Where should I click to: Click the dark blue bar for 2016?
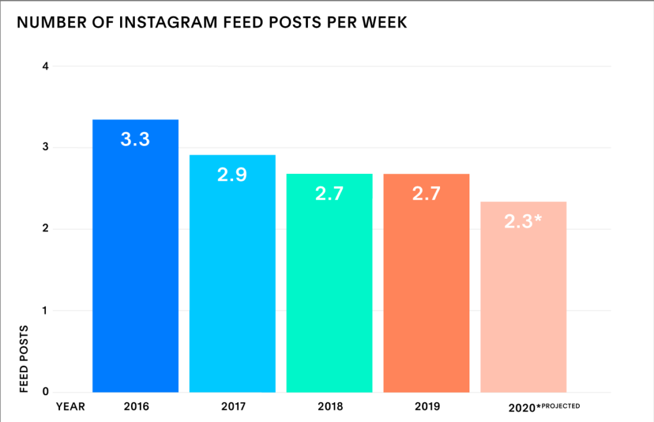135,269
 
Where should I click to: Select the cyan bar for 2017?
232,281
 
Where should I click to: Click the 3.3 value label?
135,139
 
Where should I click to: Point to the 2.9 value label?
232,175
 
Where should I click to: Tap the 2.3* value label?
524,221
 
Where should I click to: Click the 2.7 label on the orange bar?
426,193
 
